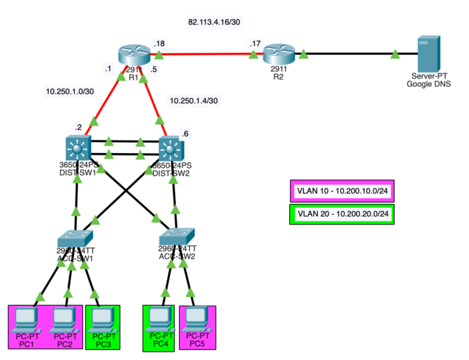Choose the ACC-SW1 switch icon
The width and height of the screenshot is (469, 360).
click(x=76, y=238)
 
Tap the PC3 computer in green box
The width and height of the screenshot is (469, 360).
click(x=101, y=318)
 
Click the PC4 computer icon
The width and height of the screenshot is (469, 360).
click(x=158, y=318)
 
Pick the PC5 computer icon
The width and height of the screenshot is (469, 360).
click(x=196, y=318)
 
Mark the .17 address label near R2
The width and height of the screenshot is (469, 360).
click(x=255, y=43)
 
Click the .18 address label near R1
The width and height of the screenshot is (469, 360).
click(x=158, y=43)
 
